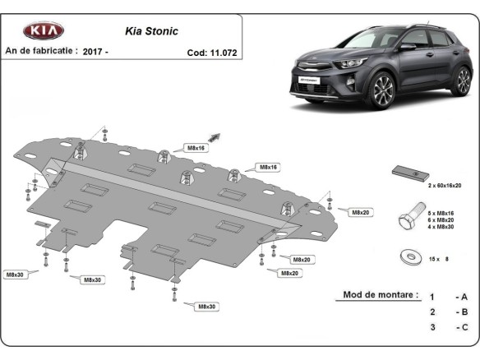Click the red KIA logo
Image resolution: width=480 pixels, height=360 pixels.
click(43, 31)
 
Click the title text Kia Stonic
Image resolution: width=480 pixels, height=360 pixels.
click(145, 32)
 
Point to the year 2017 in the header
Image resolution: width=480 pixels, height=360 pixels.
click(93, 51)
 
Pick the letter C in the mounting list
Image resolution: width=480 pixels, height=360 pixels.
click(464, 327)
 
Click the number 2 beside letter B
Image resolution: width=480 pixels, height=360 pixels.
click(432, 312)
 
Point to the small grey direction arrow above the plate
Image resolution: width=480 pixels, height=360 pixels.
click(216, 137)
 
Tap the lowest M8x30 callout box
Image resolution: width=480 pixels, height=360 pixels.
click(205, 307)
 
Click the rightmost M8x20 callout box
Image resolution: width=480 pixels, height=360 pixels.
click(360, 212)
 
